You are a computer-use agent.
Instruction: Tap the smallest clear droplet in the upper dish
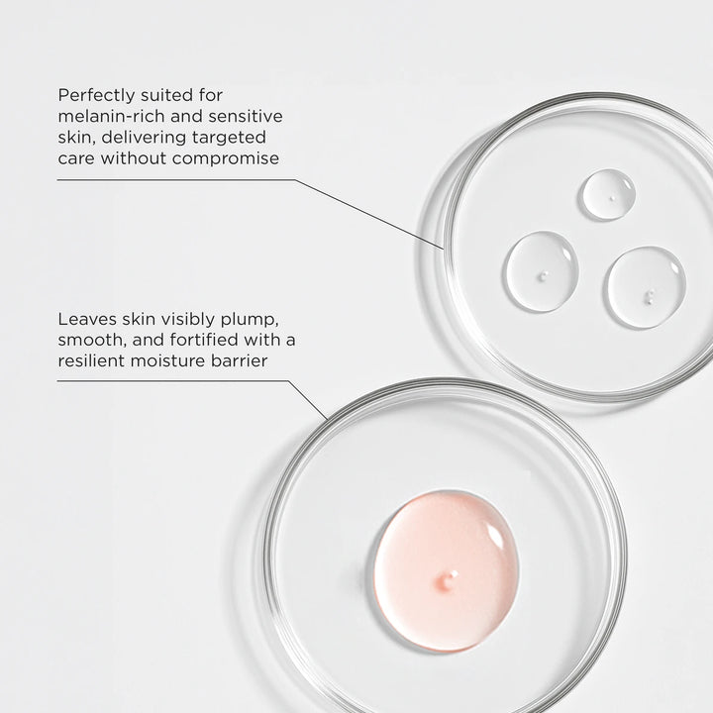[607, 193]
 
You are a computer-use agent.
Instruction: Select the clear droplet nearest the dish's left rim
[541, 271]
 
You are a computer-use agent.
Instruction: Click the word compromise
[225, 157]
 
